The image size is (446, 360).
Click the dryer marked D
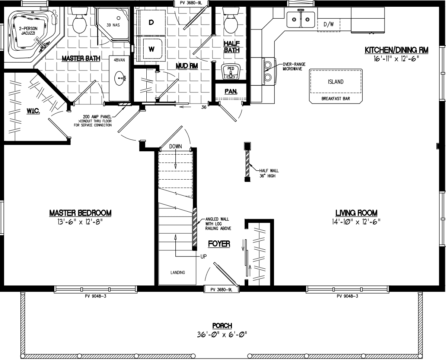pyautogui.click(x=152, y=23)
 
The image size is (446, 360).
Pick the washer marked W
pyautogui.click(x=152, y=48)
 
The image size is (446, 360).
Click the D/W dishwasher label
pyautogui.click(x=328, y=25)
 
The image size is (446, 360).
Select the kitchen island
pyautogui.click(x=335, y=82)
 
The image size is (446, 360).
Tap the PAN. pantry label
pyautogui.click(x=231, y=91)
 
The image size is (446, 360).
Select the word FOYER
pyautogui.click(x=219, y=244)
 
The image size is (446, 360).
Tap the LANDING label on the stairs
pyautogui.click(x=178, y=272)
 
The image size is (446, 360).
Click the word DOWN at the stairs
pyautogui.click(x=175, y=146)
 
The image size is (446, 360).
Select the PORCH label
pyautogui.click(x=223, y=326)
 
